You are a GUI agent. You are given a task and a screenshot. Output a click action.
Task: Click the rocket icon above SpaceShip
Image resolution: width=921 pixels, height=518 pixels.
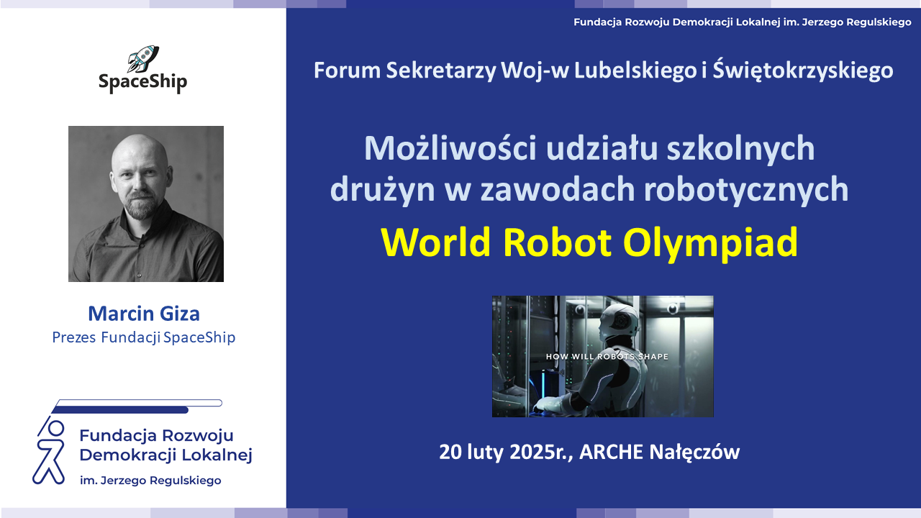tap(143, 58)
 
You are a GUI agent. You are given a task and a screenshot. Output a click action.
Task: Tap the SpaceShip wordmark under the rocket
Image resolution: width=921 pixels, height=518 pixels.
tap(142, 83)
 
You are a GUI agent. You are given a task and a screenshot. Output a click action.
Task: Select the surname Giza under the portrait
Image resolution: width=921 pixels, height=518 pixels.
tap(180, 314)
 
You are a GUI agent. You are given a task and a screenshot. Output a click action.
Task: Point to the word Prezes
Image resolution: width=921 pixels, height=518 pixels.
tap(74, 337)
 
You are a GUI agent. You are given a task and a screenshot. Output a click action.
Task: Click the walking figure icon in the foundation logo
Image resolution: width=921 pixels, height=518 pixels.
tap(50, 450)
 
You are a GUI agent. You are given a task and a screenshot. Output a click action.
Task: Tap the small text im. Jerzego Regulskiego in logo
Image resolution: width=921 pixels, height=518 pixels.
tap(150, 481)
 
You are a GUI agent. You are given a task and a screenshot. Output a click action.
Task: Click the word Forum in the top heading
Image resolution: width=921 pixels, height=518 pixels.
tap(348, 71)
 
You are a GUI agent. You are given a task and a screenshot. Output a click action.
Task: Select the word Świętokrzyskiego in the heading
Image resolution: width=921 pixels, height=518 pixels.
tap(803, 71)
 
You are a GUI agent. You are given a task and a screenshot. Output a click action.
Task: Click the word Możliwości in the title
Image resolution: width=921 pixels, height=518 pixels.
tap(450, 148)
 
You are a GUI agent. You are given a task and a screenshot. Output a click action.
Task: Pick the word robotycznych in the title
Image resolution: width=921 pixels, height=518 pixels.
tap(746, 189)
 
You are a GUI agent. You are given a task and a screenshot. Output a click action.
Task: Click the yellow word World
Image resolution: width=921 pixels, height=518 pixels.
tap(436, 242)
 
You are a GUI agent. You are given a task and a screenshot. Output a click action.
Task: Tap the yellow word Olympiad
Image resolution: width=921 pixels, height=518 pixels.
tap(710, 243)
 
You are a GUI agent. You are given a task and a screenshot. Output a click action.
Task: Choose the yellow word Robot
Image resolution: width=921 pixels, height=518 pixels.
tap(557, 242)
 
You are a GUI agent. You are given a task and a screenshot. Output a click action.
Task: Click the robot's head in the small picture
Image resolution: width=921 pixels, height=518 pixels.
tap(620, 321)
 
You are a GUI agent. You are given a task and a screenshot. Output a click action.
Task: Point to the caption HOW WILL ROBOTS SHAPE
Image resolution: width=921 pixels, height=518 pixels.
tap(607, 356)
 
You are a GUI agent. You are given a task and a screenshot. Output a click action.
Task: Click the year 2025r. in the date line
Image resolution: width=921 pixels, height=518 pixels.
tap(542, 452)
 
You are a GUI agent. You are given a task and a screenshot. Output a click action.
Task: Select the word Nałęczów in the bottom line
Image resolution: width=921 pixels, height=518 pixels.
tap(694, 453)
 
